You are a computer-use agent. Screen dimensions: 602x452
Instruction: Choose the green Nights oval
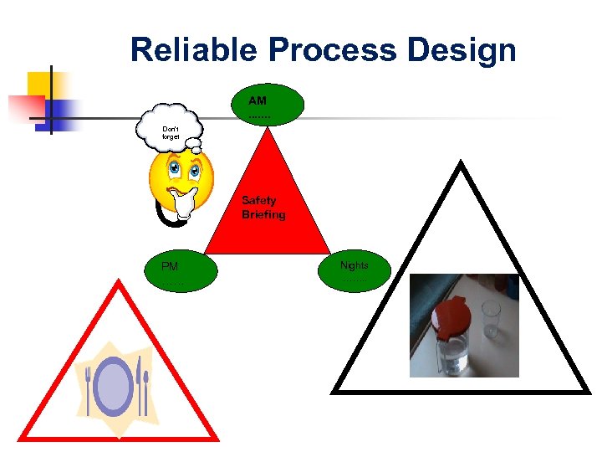pyautogui.click(x=355, y=270)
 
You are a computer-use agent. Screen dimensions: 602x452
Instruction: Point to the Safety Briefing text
pyautogui.click(x=263, y=208)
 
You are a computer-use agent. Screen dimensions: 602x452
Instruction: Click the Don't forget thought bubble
pyautogui.click(x=171, y=131)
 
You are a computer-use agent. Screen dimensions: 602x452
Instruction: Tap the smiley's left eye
pyautogui.click(x=174, y=170)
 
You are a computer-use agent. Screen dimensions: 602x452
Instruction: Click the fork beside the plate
pyautogui.click(x=89, y=390)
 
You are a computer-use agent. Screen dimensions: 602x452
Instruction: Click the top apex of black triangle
pyautogui.click(x=461, y=165)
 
